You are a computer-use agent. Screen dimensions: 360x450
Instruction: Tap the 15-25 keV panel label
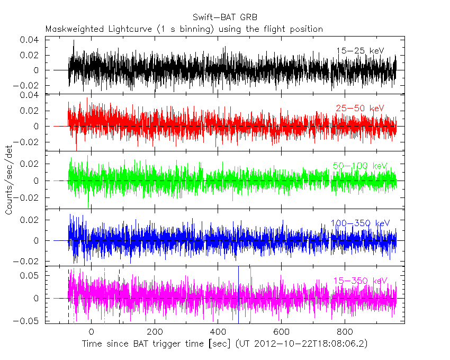click(360, 50)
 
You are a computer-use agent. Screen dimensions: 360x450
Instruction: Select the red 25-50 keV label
click(359, 109)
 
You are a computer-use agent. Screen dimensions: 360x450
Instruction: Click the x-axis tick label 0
click(92, 331)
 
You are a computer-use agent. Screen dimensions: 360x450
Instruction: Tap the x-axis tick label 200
click(155, 331)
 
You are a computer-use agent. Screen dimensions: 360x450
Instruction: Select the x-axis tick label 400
click(218, 331)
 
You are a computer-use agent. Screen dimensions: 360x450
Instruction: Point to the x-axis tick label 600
click(282, 331)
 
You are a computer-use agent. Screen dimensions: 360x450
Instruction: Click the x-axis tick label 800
click(345, 331)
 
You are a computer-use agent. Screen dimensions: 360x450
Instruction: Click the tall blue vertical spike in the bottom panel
click(238, 296)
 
